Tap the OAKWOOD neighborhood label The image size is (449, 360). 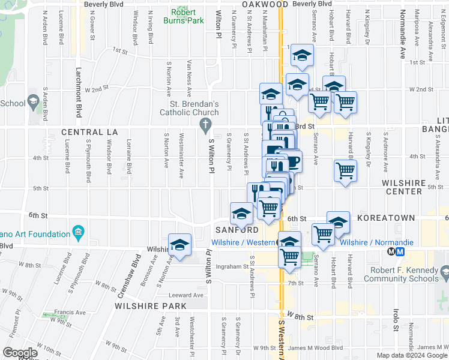(265, 4)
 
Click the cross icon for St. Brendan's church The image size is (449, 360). (205, 125)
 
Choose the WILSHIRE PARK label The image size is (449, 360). (150, 306)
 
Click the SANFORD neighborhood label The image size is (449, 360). (237, 230)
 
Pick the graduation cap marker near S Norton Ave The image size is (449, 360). (179, 245)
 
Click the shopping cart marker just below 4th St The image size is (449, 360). (345, 172)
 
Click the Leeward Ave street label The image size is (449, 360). (186, 295)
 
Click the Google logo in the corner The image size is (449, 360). (20, 353)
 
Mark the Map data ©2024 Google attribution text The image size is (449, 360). (411, 355)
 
